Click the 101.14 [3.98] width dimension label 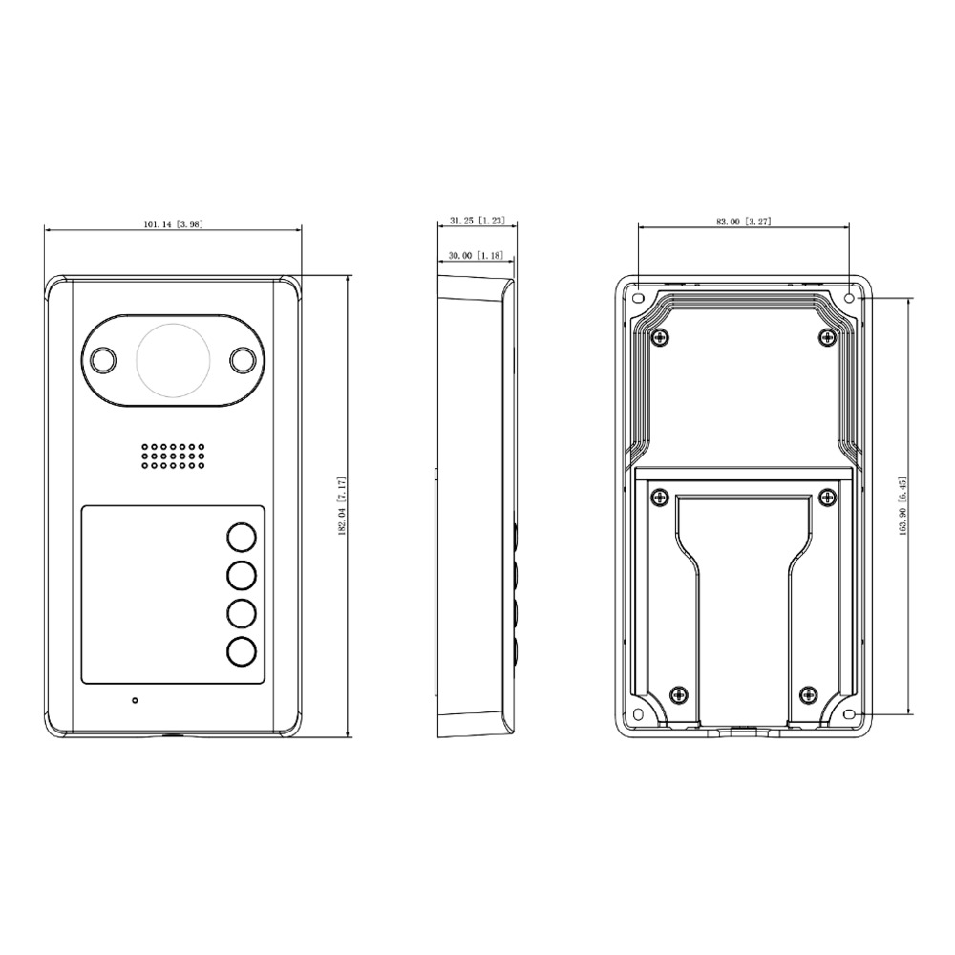point(174,224)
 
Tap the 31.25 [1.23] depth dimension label point(477,221)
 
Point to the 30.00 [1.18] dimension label point(476,256)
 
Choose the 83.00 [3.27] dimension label point(744,222)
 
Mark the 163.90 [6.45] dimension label point(903,506)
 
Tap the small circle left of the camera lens point(103,359)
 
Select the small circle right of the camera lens point(243,359)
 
